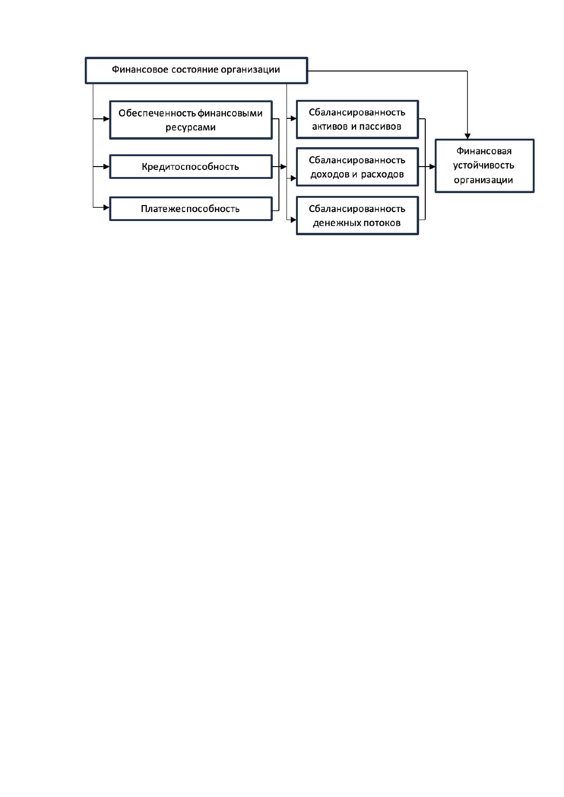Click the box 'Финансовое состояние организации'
[196, 71]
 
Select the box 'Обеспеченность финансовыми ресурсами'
[191, 120]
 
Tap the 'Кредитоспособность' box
[191, 167]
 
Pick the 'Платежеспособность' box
[191, 209]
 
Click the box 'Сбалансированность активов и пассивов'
[357, 120]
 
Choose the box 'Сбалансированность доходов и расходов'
[357, 167]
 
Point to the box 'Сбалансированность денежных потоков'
[357, 216]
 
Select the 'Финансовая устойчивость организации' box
[484, 166]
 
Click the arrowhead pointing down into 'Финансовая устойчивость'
[467, 136]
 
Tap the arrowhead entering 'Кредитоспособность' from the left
[107, 167]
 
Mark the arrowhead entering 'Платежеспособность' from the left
[107, 207]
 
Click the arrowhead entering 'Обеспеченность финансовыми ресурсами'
[107, 119]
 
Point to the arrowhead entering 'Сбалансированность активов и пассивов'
[294, 118]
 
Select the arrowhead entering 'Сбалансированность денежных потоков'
[294, 220]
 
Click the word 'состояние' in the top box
[195, 70]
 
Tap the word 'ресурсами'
[190, 127]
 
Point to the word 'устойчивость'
[483, 166]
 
